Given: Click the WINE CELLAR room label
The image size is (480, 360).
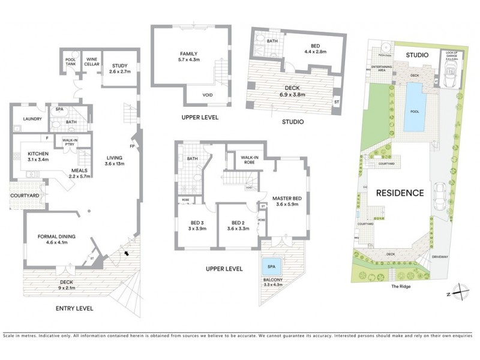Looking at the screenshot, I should pyautogui.click(x=92, y=62).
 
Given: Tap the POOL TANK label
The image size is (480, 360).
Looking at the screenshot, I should pyautogui.click(x=70, y=62).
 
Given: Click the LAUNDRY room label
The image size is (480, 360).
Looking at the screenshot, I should pyautogui.click(x=32, y=119).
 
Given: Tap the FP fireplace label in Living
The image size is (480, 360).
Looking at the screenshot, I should pyautogui.click(x=131, y=145).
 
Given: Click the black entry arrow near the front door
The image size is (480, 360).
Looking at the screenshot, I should pyautogui.click(x=125, y=254).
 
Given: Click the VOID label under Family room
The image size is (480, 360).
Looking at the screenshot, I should pyautogui.click(x=208, y=94).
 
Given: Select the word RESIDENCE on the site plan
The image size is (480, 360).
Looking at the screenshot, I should pyautogui.click(x=400, y=193).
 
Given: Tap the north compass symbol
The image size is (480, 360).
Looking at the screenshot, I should pyautogui.click(x=458, y=292).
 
